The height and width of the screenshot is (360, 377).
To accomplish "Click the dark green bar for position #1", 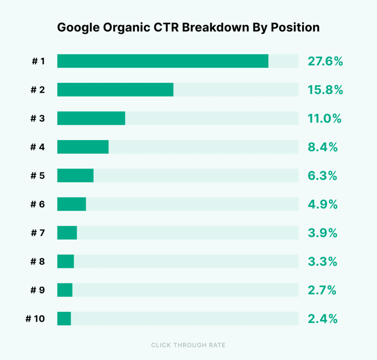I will point(163,61).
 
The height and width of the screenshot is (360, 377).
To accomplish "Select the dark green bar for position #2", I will point(115,90).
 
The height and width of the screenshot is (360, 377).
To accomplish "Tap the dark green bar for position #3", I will point(91,118).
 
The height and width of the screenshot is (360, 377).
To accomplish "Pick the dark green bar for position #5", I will point(75,176).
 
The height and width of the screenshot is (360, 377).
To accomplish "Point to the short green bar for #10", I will point(64,318).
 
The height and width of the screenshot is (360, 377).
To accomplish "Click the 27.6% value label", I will point(325,61).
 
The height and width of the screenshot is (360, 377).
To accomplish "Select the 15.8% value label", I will point(325,90).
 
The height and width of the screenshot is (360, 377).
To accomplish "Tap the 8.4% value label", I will point(323,147).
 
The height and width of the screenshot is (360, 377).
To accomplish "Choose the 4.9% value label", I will point(323,204).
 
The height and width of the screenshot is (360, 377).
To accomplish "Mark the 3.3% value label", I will point(323,262).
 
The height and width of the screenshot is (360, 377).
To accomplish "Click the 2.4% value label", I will point(323,319).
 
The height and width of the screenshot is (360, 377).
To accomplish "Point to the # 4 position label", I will point(38,147).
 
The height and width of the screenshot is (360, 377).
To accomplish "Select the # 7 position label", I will point(38,233).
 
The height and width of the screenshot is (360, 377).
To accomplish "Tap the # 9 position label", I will point(38,291).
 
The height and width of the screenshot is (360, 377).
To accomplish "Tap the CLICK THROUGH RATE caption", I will point(188,345).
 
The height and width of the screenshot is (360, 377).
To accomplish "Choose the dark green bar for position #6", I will point(71,204).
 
